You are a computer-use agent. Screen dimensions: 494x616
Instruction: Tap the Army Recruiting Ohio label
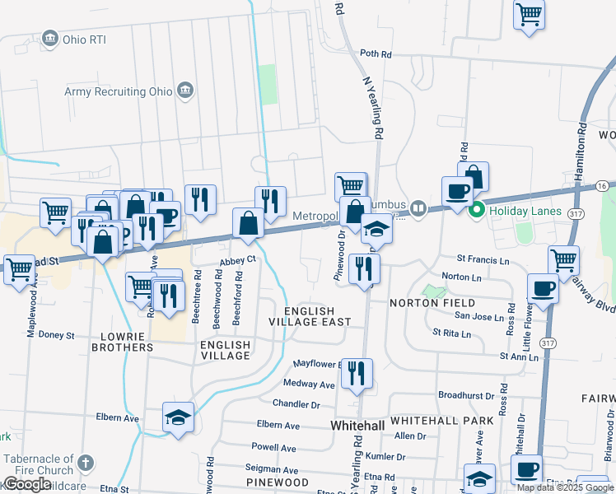click(x=119, y=91)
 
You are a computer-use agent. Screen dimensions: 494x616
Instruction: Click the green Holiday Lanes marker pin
click(x=475, y=211)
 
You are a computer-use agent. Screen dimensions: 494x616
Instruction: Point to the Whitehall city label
click(x=358, y=426)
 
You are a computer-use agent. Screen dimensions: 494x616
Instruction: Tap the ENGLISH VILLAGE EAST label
click(x=317, y=316)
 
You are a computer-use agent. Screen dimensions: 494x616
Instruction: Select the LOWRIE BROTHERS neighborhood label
click(x=115, y=342)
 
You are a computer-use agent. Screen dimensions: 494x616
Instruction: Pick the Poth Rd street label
click(x=376, y=54)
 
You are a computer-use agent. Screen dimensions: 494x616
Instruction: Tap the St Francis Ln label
click(x=483, y=261)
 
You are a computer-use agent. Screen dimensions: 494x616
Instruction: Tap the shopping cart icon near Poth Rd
click(x=528, y=14)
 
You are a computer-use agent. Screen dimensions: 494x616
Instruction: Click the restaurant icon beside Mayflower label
click(x=357, y=372)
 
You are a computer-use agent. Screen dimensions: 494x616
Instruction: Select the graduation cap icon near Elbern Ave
click(x=178, y=417)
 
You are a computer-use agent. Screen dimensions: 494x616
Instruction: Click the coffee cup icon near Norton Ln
click(x=542, y=289)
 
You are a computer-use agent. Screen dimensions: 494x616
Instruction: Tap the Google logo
click(x=27, y=484)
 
